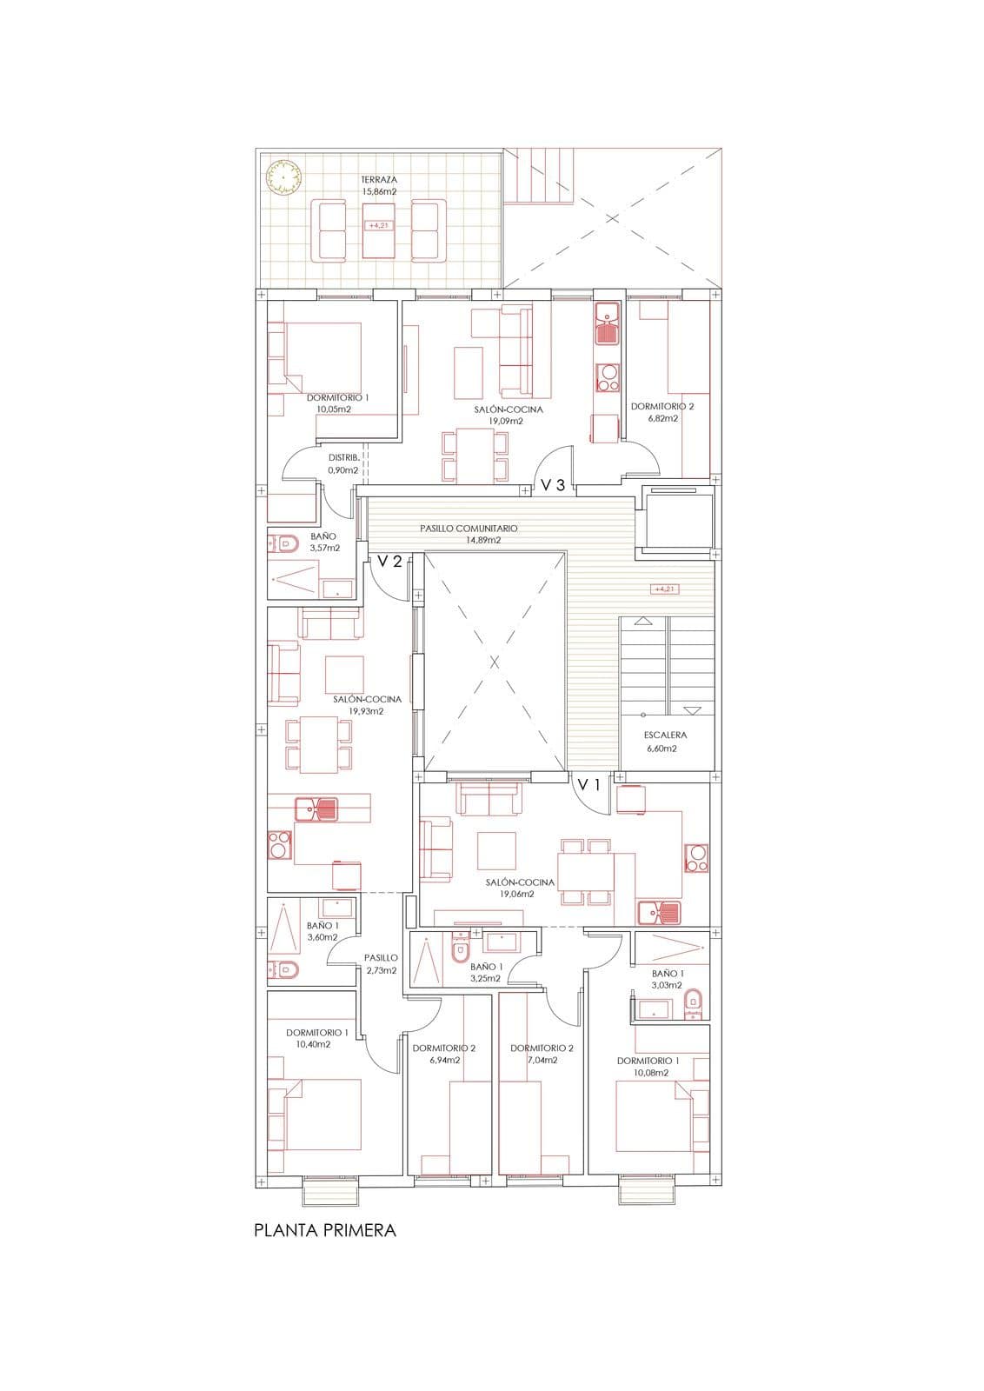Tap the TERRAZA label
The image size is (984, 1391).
[x=379, y=179]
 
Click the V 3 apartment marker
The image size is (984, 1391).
[x=553, y=485]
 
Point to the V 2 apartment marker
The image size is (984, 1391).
[x=390, y=562]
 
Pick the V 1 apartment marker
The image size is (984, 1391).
[x=588, y=785]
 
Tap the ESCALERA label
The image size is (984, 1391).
[x=666, y=735]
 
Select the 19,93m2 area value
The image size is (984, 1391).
[x=366, y=711]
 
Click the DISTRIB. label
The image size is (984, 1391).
[x=344, y=457]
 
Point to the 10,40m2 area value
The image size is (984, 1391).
[x=314, y=1044]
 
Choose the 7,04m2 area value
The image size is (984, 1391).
[x=542, y=1060]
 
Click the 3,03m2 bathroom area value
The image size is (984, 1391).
[x=667, y=985]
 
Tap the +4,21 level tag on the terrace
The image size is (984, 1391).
[x=378, y=225]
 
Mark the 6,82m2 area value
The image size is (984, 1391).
[x=662, y=418]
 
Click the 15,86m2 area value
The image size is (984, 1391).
[x=379, y=191]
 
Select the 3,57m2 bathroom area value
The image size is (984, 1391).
[x=325, y=548]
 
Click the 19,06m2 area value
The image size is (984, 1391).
[x=517, y=895]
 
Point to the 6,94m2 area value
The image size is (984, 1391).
[x=444, y=1060]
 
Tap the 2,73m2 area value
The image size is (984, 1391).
[x=382, y=970]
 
